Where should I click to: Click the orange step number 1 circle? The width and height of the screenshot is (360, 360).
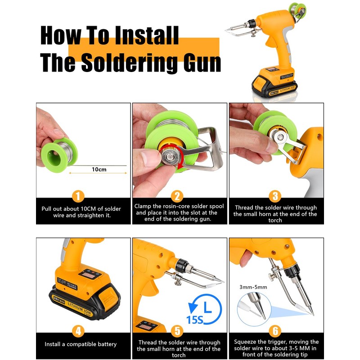[x=78, y=196]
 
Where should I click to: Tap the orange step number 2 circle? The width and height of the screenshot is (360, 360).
[x=177, y=196]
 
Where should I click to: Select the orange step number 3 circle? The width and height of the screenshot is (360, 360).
[x=275, y=196]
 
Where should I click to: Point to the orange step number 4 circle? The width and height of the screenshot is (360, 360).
[x=78, y=331]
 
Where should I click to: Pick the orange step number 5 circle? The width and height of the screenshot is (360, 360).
[x=177, y=331]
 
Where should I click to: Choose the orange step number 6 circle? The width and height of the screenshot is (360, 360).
[x=275, y=331]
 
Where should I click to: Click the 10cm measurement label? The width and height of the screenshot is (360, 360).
[x=99, y=170]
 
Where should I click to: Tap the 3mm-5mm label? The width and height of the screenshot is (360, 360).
[x=253, y=287]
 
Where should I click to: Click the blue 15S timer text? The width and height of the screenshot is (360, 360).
[x=195, y=319]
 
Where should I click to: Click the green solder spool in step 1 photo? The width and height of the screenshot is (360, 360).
[x=59, y=154]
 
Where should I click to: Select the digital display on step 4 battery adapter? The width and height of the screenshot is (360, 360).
[x=86, y=275]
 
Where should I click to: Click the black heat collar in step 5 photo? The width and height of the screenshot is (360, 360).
[x=182, y=265]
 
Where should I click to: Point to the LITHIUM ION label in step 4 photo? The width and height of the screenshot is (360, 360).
[x=79, y=309]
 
